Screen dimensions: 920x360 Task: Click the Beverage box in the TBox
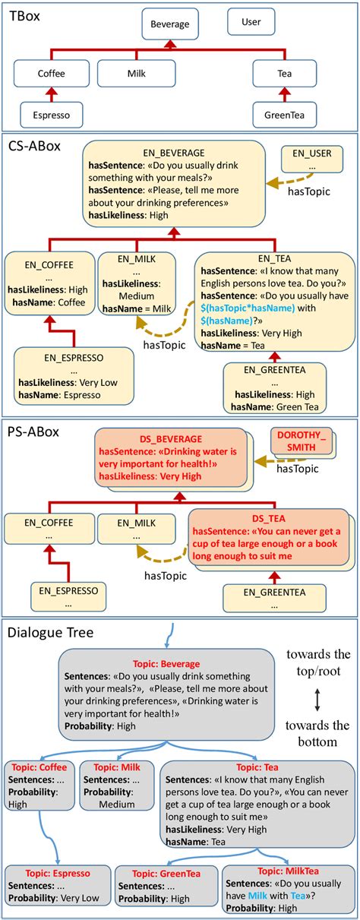tap(169, 24)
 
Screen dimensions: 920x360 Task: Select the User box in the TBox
tap(251, 21)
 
